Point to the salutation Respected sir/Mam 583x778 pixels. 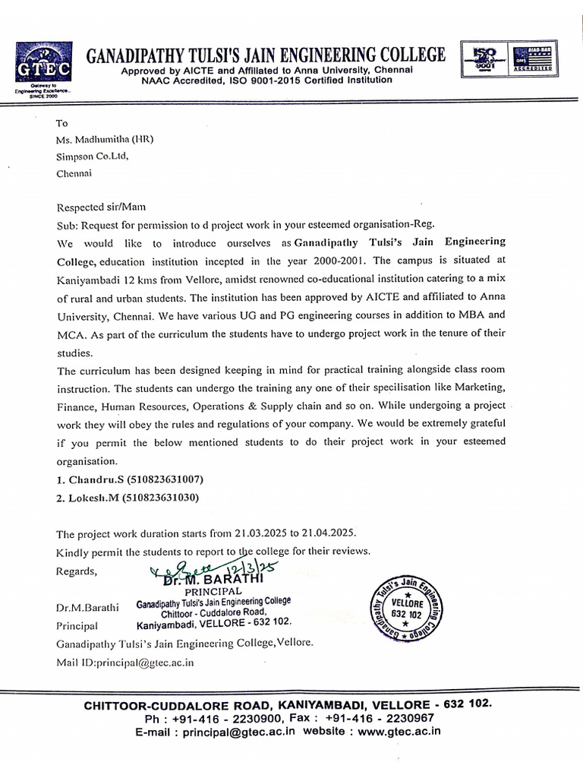pos(99,207)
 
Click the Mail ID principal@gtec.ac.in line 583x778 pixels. pos(125,662)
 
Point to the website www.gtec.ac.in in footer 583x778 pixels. pos(399,732)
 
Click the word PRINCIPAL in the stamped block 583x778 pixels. pos(213,591)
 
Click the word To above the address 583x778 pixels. pos(62,122)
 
